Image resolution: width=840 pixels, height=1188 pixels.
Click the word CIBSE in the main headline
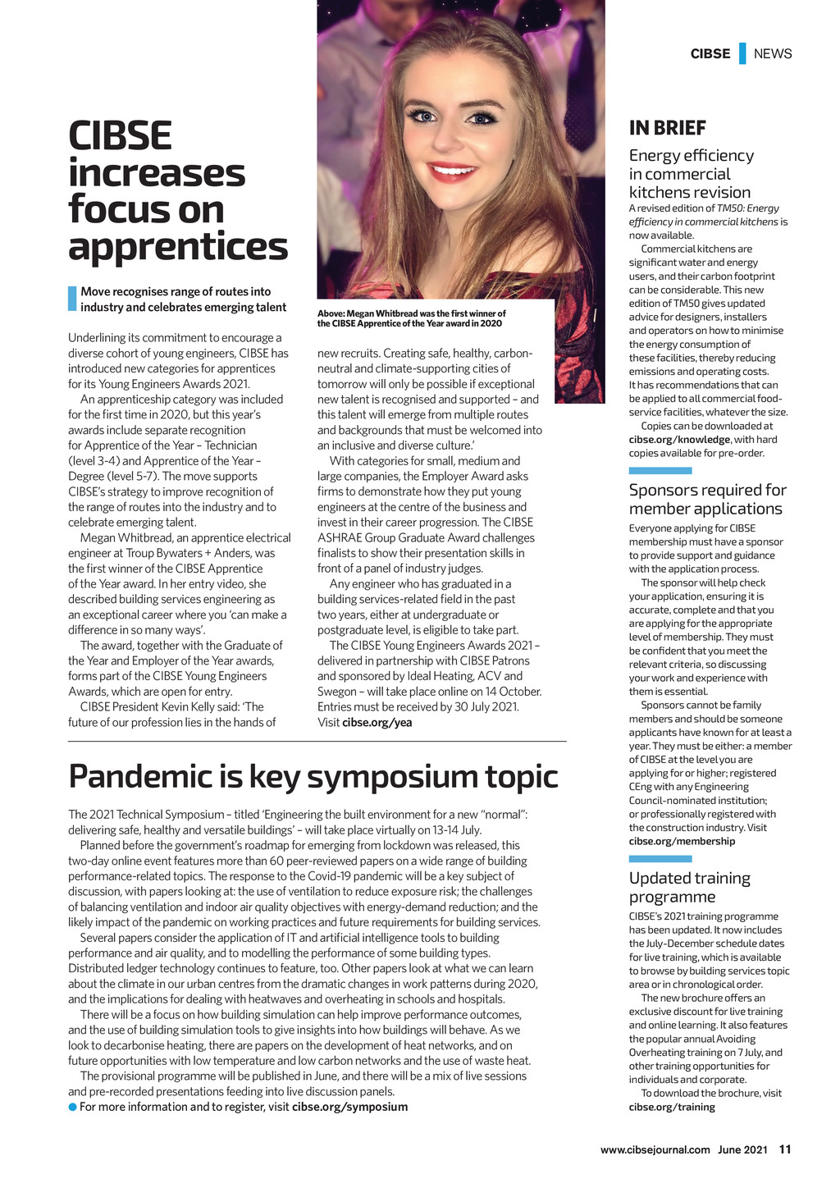pyautogui.click(x=120, y=135)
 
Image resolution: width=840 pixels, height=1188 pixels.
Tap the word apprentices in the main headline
pyautogui.click(x=178, y=245)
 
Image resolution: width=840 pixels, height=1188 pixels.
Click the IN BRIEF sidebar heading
pyautogui.click(x=667, y=128)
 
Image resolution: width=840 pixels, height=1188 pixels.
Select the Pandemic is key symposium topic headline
pyautogui.click(x=313, y=776)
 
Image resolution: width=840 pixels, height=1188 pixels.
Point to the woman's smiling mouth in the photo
pyautogui.click(x=451, y=172)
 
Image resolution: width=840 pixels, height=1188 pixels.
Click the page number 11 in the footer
pyautogui.click(x=785, y=1149)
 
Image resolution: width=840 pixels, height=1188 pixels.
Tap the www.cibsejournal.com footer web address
pyautogui.click(x=655, y=1149)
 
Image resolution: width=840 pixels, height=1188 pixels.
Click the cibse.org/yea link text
pyautogui.click(x=377, y=723)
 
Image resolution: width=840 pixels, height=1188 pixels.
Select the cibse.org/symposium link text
pyautogui.click(x=349, y=1107)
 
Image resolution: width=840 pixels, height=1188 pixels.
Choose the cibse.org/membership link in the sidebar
pyautogui.click(x=682, y=841)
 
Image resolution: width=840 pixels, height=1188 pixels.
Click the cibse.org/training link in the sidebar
pyautogui.click(x=672, y=1107)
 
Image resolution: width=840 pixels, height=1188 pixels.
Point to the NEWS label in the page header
pyautogui.click(x=773, y=54)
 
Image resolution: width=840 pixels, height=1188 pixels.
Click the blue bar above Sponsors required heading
pyautogui.click(x=660, y=471)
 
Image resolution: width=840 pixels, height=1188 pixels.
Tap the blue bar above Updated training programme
pyautogui.click(x=660, y=859)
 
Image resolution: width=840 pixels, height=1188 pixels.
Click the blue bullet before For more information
pyautogui.click(x=72, y=1108)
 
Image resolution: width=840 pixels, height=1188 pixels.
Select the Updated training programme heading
pyautogui.click(x=689, y=887)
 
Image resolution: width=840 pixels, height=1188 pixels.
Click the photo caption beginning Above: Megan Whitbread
pyautogui.click(x=410, y=318)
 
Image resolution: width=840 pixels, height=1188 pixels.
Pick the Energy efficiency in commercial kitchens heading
pyautogui.click(x=691, y=174)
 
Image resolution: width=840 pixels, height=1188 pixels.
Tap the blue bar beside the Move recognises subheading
pyautogui.click(x=72, y=299)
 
